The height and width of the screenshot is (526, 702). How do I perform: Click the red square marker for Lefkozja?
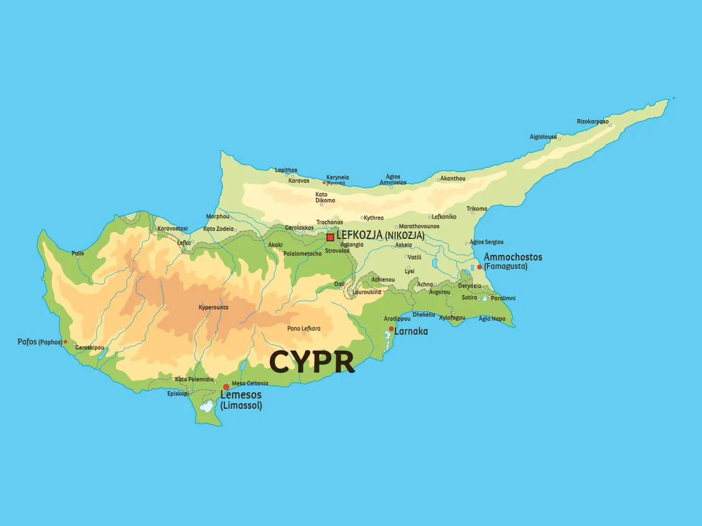pyautogui.click(x=330, y=237)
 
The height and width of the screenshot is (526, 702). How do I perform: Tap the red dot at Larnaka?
pyautogui.click(x=391, y=329)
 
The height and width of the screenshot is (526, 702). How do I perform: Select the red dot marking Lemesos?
pyautogui.click(x=226, y=387)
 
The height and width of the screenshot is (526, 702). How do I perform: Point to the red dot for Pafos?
pyautogui.click(x=65, y=342)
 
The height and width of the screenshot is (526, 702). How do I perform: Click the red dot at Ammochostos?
pyautogui.click(x=479, y=267)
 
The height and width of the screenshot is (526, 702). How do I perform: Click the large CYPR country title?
pyautogui.click(x=312, y=362)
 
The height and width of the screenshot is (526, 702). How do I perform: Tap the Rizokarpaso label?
pyautogui.click(x=592, y=122)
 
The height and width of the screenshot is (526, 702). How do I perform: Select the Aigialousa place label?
pyautogui.click(x=543, y=137)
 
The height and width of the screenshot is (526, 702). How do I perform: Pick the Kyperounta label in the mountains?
pyautogui.click(x=213, y=307)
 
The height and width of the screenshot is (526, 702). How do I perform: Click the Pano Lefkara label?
pyautogui.click(x=303, y=329)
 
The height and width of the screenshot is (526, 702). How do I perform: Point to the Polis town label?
pyautogui.click(x=78, y=253)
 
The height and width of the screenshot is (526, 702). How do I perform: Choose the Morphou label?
pyautogui.click(x=218, y=216)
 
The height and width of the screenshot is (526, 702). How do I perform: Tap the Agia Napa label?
pyautogui.click(x=492, y=319)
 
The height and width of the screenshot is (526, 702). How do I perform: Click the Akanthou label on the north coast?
pyautogui.click(x=452, y=179)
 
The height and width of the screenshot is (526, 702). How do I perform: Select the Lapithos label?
pyautogui.click(x=286, y=170)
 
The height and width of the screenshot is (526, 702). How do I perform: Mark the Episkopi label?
pyautogui.click(x=178, y=393)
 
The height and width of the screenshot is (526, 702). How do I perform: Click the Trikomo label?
pyautogui.click(x=477, y=209)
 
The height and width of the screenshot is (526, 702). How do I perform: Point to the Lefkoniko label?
pyautogui.click(x=444, y=217)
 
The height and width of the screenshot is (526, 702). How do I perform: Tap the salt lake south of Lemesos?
pyautogui.click(x=207, y=407)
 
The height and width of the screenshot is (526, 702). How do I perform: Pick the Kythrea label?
pyautogui.click(x=373, y=218)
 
